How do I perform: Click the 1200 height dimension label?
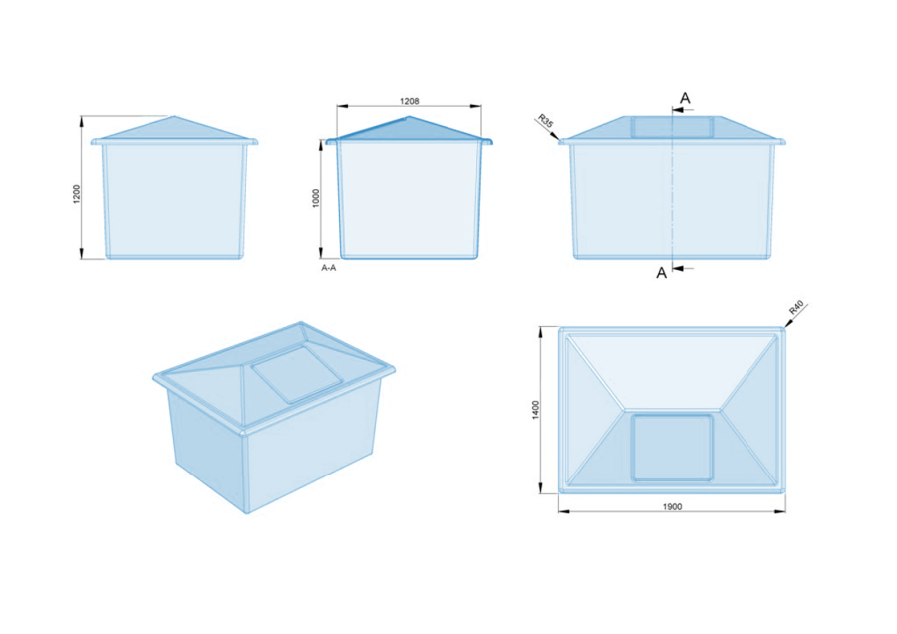(77, 194)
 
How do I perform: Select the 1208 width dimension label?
(409, 101)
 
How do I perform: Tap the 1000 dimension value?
(316, 198)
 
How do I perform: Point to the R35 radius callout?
(546, 121)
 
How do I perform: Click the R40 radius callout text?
(796, 307)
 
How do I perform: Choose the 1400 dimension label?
(536, 410)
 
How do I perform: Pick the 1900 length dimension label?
(672, 507)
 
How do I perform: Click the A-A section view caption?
(329, 268)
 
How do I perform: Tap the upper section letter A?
(685, 98)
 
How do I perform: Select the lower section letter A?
(662, 273)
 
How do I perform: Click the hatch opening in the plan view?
(672, 448)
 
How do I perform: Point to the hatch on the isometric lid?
(299, 373)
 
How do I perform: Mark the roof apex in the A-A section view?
(409, 117)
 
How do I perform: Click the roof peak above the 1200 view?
(174, 117)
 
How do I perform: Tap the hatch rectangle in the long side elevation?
(672, 127)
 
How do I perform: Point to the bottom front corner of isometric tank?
(247, 513)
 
